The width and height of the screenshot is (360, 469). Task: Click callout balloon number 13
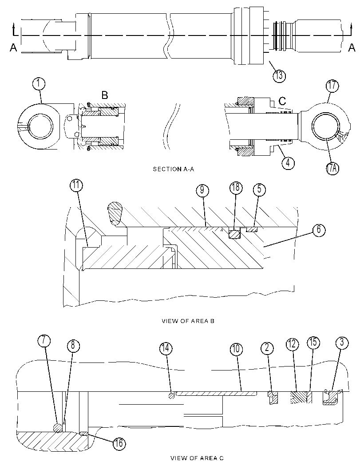pyautogui.click(x=279, y=75)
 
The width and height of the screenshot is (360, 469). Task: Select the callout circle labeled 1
pyautogui.click(x=39, y=84)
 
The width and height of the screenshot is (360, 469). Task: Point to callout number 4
pyautogui.click(x=288, y=163)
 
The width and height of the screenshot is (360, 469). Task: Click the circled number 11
pyautogui.click(x=76, y=185)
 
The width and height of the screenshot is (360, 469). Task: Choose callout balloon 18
pyautogui.click(x=236, y=187)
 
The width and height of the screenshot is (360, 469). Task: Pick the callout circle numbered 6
pyautogui.click(x=319, y=230)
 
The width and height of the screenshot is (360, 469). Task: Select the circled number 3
pyautogui.click(x=342, y=343)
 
